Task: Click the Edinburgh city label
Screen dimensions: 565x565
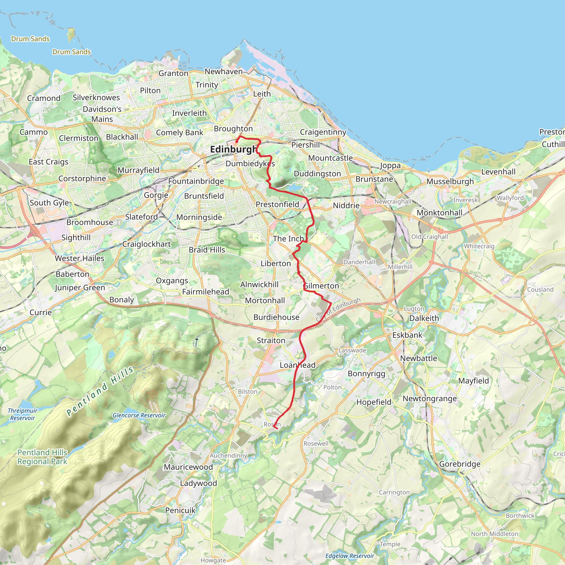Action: pos(233,150)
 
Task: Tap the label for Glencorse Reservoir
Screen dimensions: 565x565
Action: pos(139,415)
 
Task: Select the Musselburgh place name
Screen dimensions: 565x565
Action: pos(450,182)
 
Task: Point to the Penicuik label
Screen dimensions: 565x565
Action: pos(180,510)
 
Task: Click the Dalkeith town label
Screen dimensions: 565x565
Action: pos(424,318)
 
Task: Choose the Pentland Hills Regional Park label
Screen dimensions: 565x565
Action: pos(42,457)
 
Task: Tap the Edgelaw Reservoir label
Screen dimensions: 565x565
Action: pos(350,556)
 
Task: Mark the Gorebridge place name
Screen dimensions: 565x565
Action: pos(460,464)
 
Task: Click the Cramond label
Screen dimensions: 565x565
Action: pos(44,98)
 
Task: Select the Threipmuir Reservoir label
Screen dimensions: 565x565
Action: pos(23,414)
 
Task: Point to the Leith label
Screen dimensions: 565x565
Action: pos(262,94)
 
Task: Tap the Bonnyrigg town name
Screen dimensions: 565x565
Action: pos(366,374)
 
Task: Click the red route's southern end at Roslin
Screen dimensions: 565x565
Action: pos(276,429)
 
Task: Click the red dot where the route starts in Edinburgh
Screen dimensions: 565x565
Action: pos(237,142)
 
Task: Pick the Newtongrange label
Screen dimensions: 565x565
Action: pos(430,399)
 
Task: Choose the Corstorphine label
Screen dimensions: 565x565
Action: pos(82,179)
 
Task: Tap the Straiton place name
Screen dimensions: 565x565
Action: pos(271,340)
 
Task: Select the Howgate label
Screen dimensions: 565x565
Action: pos(213,560)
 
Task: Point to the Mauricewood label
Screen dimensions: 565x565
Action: pos(188,467)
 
